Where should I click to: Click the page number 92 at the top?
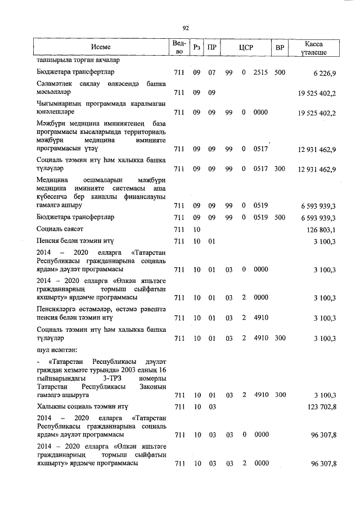pos(185,27)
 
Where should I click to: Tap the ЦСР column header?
pos(244,47)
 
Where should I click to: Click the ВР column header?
pos(279,47)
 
